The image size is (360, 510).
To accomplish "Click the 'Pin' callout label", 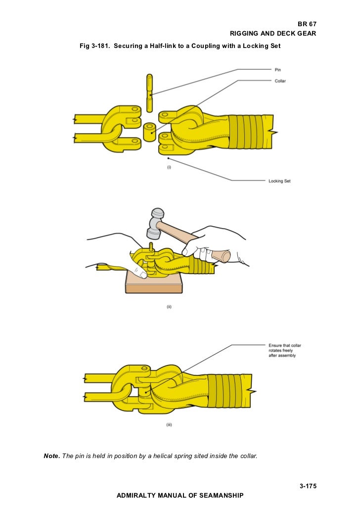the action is (x=278, y=70).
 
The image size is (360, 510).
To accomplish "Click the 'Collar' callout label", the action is (x=280, y=81).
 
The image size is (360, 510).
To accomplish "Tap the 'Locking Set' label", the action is (x=279, y=181).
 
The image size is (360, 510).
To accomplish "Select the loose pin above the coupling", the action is (x=149, y=93).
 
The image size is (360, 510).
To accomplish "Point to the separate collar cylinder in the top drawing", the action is (x=150, y=132).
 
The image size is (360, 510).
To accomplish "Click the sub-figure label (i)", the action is (x=169, y=167).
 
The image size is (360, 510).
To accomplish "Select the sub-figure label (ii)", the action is (x=169, y=306).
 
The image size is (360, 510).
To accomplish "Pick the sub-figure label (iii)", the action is (x=169, y=425).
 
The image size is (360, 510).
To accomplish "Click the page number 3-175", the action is (x=308, y=486).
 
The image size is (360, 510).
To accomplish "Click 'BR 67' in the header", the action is (x=307, y=24).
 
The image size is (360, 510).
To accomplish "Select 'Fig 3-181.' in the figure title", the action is (x=95, y=46).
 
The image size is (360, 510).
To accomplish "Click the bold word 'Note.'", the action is (x=52, y=456).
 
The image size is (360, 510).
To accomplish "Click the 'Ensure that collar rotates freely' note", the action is (x=284, y=350).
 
